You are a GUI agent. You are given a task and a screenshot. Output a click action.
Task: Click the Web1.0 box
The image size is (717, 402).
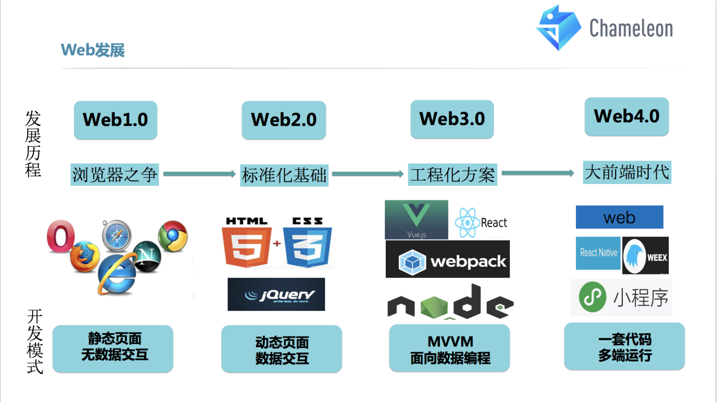tap(116, 120)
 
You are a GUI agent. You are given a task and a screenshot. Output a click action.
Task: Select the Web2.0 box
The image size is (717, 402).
tap(284, 120)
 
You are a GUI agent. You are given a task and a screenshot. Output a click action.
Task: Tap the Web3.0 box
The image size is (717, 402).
tap(452, 119)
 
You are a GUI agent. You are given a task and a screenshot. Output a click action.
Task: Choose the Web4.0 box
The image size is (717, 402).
tap(627, 117)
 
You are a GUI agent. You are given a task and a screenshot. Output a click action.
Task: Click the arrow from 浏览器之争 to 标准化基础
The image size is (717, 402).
tap(199, 174)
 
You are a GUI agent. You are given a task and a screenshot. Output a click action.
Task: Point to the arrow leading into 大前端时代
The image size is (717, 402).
tap(538, 173)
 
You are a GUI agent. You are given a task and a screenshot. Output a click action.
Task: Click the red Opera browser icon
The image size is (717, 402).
tap(61, 236)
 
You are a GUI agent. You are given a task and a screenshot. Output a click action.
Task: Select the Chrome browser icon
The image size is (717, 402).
tap(173, 236)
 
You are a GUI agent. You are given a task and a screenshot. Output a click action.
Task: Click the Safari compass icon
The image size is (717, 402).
tap(117, 235)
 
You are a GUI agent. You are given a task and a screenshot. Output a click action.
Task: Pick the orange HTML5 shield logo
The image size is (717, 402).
tap(247, 242)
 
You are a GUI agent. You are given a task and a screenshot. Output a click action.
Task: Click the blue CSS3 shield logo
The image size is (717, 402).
tap(307, 242)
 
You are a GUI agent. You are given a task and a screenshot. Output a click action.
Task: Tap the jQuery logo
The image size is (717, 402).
tap(276, 294)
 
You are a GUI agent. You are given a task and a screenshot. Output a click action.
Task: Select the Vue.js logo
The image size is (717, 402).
tap(416, 220)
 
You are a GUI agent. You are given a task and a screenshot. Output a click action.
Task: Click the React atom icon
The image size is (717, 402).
tap(467, 223)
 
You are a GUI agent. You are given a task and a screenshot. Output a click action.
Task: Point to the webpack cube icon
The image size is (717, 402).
tap(412, 262)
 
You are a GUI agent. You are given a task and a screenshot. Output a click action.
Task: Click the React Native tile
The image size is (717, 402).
tap(598, 253)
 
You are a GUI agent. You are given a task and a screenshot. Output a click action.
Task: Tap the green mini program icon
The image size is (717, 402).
tap(593, 297)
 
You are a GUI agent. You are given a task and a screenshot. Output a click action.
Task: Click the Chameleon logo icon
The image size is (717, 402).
tap(559, 28)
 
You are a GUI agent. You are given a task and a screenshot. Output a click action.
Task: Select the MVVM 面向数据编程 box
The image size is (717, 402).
tap(449, 348)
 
